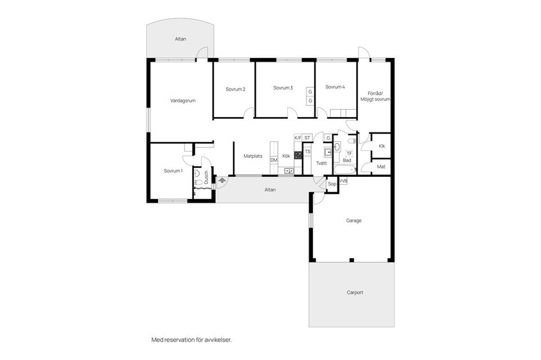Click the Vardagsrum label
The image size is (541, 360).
[x=183, y=101]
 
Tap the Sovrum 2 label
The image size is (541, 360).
[x=236, y=89]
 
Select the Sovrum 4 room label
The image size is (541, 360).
[x=335, y=87]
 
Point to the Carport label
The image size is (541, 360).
[x=355, y=292]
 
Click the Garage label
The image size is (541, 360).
[x=354, y=220]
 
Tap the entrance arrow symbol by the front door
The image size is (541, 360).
[x=222, y=180]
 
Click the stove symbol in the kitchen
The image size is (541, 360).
[x=298, y=155]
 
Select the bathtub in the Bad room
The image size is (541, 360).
[x=345, y=170]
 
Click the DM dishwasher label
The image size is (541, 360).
[x=274, y=160]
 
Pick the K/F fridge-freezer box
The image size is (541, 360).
[x=298, y=138]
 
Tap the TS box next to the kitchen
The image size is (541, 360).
[x=308, y=152]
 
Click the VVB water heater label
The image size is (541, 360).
[x=343, y=181]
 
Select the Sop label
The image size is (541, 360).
[x=332, y=184]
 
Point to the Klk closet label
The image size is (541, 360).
[x=382, y=146]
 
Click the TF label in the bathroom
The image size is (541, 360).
[x=349, y=153]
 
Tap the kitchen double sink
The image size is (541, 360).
[x=289, y=170]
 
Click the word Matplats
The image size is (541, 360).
[x=253, y=156]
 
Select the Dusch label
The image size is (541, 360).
[x=206, y=177]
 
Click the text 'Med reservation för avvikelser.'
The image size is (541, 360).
[x=192, y=340]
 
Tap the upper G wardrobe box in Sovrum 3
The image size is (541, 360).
[x=310, y=92]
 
